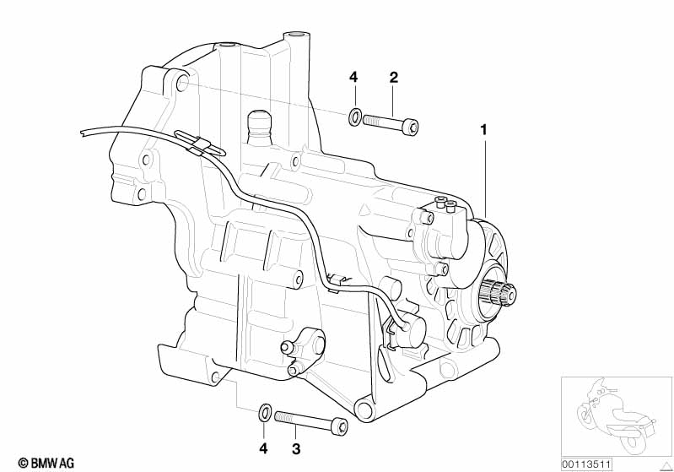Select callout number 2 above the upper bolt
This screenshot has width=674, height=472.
click(x=393, y=79)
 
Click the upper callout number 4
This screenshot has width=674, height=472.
click(x=354, y=79)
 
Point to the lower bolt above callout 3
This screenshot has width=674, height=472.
click(x=311, y=419)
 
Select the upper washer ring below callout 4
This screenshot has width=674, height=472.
click(x=355, y=114)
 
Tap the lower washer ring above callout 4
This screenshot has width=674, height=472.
click(x=264, y=413)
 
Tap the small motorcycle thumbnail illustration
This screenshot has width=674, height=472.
click(x=615, y=414)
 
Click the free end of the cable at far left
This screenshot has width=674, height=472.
click(x=81, y=133)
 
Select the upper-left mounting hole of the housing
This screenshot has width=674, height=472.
click(x=179, y=81)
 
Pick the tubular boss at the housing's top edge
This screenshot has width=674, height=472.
click(x=295, y=38)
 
